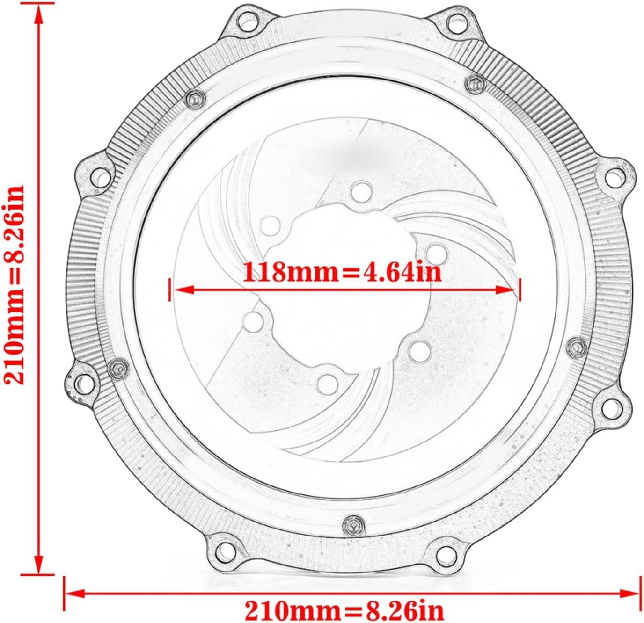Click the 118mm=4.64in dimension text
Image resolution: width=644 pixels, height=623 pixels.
(x=342, y=272)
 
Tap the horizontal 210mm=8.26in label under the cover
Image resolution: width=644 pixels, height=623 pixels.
(x=344, y=610)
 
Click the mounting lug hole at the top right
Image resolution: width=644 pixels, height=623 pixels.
(x=454, y=22)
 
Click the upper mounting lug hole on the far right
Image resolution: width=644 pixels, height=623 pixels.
(x=612, y=177)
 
